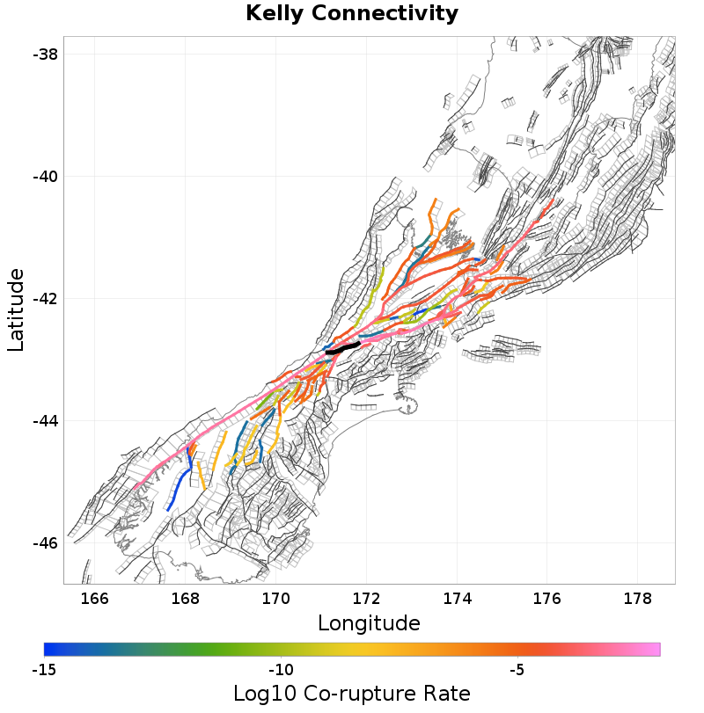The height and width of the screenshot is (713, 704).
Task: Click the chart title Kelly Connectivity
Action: tap(352, 14)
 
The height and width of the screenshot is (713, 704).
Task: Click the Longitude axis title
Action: tap(369, 623)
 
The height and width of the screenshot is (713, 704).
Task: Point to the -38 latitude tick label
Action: tap(46, 55)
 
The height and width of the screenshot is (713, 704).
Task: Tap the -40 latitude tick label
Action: tap(46, 177)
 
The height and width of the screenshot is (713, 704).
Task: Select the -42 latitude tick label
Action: tap(46, 299)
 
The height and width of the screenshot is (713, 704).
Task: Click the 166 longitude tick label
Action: tap(94, 599)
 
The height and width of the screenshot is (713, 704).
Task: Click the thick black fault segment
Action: tap(343, 348)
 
